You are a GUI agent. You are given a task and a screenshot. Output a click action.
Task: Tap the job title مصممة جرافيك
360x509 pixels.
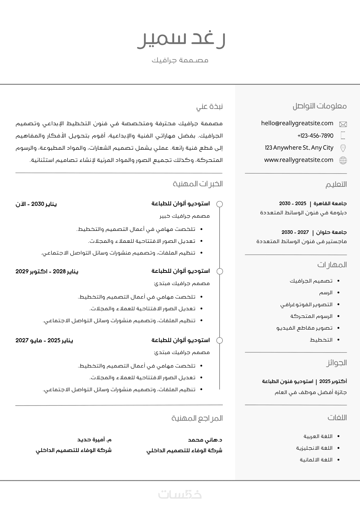[x=180, y=60]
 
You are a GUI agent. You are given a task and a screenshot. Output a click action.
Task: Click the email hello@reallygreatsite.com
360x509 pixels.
[x=297, y=123]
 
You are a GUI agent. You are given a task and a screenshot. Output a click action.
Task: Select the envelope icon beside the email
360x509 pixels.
[x=343, y=124]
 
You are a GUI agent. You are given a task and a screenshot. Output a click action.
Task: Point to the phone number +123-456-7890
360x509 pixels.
[x=315, y=136]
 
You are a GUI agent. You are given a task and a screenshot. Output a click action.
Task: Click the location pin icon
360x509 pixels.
[x=343, y=148]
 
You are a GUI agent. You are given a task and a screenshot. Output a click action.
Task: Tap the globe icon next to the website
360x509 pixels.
[x=343, y=160]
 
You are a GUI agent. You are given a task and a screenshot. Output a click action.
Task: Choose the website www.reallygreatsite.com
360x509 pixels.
[x=299, y=160]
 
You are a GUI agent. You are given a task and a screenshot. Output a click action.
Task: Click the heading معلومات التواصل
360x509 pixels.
[x=320, y=106]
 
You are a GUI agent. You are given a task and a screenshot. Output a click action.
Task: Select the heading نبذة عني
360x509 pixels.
[x=209, y=107]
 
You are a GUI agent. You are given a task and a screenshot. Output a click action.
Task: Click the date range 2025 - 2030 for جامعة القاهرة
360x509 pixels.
[x=293, y=204]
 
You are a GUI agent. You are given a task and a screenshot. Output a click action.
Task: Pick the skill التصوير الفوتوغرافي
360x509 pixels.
[x=306, y=305]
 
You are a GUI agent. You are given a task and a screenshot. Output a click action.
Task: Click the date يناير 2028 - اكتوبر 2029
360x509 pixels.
[x=47, y=271]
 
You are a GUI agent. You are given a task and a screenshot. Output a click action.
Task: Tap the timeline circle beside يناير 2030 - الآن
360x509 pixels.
[x=219, y=204]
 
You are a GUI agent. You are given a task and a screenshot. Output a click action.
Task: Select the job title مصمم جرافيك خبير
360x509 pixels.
[x=185, y=216]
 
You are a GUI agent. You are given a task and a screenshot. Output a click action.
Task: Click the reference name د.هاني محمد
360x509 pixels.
[x=205, y=440]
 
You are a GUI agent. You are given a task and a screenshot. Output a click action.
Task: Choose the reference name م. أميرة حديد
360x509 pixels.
[x=94, y=440]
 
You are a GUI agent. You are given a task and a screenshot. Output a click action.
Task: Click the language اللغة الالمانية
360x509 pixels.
[x=316, y=460]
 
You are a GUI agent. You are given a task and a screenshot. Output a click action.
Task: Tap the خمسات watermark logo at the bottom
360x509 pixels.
[x=180, y=494]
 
